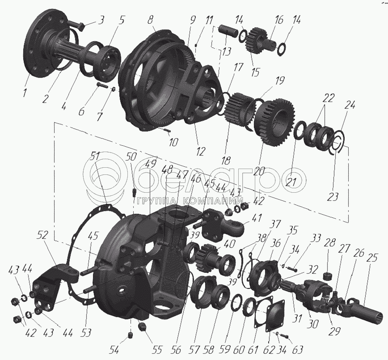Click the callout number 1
point(25,93)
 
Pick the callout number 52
point(42,236)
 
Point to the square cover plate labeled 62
point(275,315)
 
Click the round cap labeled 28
point(328,275)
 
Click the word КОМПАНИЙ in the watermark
point(212,201)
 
